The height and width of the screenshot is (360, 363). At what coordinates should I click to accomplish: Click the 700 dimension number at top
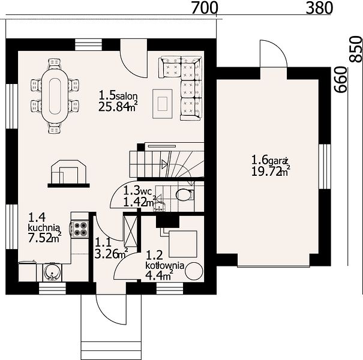(x=205, y=8)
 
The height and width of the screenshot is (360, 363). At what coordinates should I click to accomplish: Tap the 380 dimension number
(x=319, y=8)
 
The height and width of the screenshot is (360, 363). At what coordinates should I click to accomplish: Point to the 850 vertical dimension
(x=356, y=49)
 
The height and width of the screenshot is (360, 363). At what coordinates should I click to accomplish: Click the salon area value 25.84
(x=113, y=107)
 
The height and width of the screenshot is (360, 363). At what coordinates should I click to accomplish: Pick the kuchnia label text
(x=44, y=228)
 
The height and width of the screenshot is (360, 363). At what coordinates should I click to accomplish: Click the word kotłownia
(x=164, y=265)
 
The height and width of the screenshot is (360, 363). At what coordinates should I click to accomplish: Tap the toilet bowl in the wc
(x=185, y=194)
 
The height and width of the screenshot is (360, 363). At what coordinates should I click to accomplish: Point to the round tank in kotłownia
(x=194, y=272)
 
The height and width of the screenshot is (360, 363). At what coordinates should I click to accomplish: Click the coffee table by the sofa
(x=163, y=104)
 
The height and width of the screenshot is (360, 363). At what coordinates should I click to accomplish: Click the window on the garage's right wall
(x=325, y=166)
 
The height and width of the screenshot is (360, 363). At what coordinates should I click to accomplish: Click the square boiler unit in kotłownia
(x=183, y=244)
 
